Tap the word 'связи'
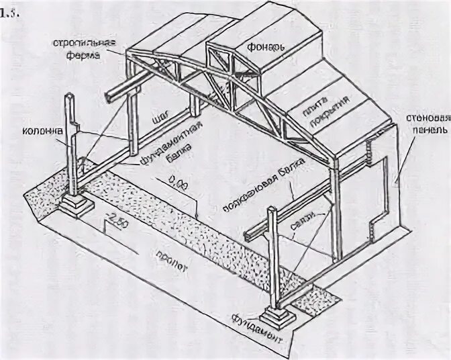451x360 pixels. (301, 229)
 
